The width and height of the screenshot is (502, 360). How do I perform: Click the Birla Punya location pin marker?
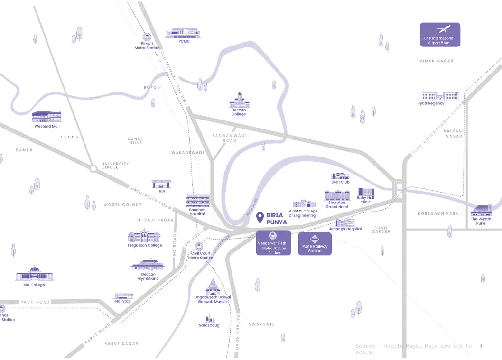tap(260, 218)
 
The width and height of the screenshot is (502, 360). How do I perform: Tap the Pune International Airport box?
tap(440, 35)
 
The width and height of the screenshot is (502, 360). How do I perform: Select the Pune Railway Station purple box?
tap(315, 243)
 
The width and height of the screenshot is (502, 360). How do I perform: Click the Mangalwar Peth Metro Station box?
tap(273, 243)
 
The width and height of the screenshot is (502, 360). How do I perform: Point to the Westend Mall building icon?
tap(47, 117)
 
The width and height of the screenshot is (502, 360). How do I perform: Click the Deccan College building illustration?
tap(239, 100)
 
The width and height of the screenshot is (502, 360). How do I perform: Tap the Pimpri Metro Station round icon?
tap(147, 37)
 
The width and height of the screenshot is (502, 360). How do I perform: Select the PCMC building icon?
tap(184, 33)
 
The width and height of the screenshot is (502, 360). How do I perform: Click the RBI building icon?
tap(161, 184)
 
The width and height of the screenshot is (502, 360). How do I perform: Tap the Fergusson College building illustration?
tap(144, 236)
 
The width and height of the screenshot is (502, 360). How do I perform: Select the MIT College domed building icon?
tap(34, 274)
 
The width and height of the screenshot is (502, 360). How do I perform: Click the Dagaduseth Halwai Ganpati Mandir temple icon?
tap(212, 287)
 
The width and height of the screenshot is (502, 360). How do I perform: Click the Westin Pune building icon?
tap(481, 210)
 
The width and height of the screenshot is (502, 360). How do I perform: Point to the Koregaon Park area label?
tap(437, 214)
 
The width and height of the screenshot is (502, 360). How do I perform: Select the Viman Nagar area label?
tap(436, 61)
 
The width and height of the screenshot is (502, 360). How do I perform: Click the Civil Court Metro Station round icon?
tap(200, 247)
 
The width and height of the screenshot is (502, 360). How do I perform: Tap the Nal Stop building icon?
tap(123, 295)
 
